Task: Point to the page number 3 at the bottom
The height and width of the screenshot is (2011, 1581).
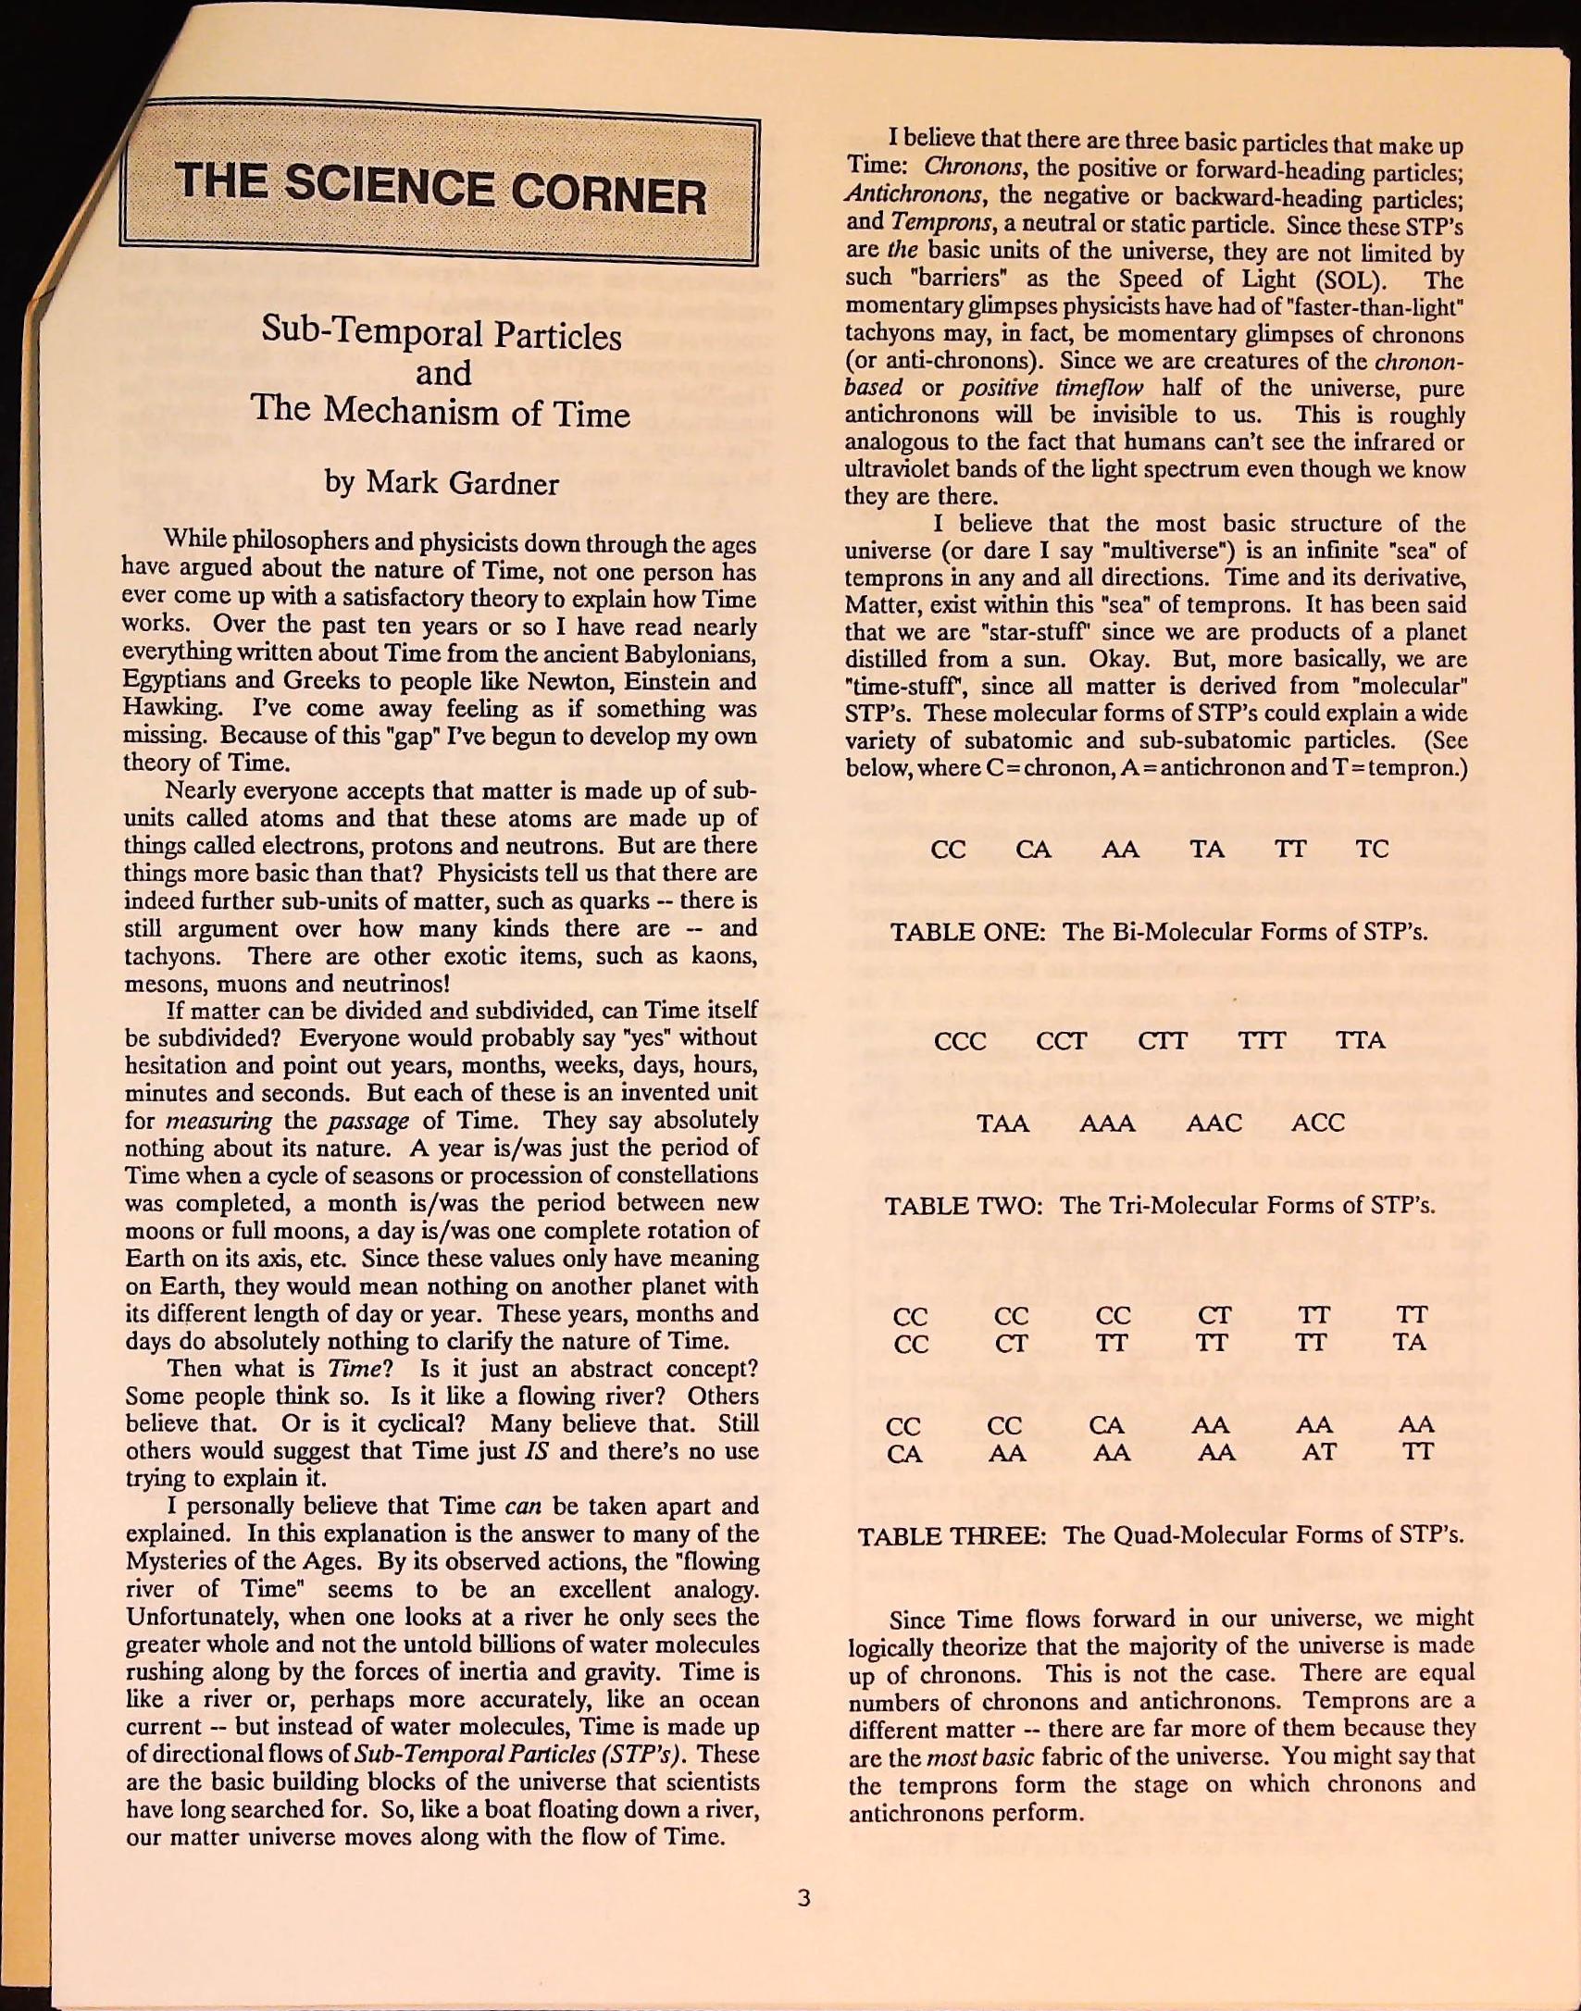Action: click(803, 1898)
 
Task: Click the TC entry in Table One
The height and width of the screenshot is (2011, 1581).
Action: click(1372, 849)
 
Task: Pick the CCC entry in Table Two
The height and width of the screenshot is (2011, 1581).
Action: click(960, 1041)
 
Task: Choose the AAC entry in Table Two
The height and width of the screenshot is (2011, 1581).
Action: click(1214, 1123)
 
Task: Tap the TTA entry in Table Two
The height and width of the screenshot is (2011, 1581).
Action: click(1360, 1040)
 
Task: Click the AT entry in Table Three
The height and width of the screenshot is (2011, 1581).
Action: click(1318, 1452)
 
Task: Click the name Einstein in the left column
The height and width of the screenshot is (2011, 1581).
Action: click(664, 682)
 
